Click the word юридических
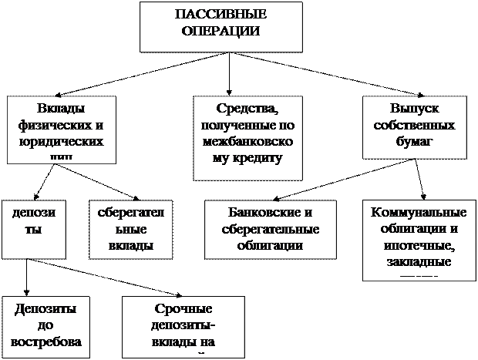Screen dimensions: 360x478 [x=61, y=143]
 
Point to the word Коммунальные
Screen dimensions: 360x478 [x=419, y=212]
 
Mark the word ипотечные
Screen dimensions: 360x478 [x=421, y=245]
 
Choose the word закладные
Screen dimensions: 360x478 [x=420, y=262]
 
